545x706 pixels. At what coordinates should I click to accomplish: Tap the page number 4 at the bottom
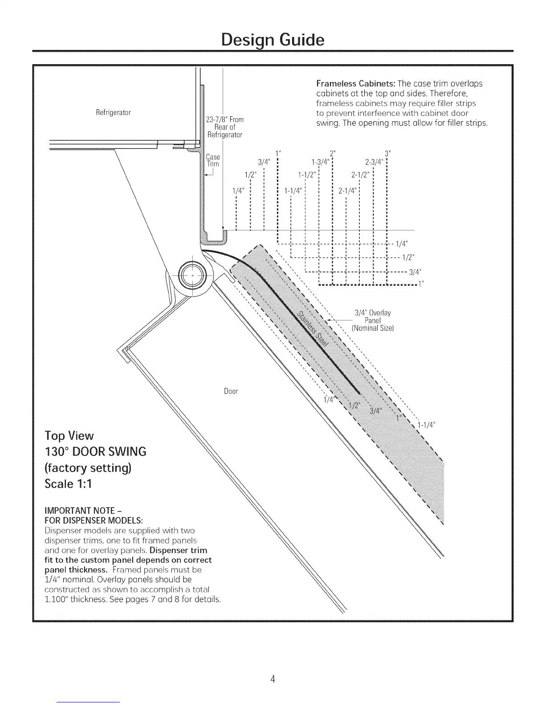point(272,679)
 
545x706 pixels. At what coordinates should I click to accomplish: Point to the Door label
point(231,391)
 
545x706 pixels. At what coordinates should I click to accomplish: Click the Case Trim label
point(213,160)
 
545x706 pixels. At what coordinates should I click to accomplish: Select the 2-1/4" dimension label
point(347,191)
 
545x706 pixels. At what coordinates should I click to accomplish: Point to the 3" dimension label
point(387,154)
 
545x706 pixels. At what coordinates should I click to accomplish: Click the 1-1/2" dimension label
point(307,174)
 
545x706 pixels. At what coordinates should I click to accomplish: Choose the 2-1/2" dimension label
point(361,174)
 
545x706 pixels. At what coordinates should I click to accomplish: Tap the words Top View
point(69,435)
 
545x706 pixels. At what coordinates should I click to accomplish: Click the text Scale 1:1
point(68,484)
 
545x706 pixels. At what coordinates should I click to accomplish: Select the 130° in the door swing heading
point(61,452)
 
